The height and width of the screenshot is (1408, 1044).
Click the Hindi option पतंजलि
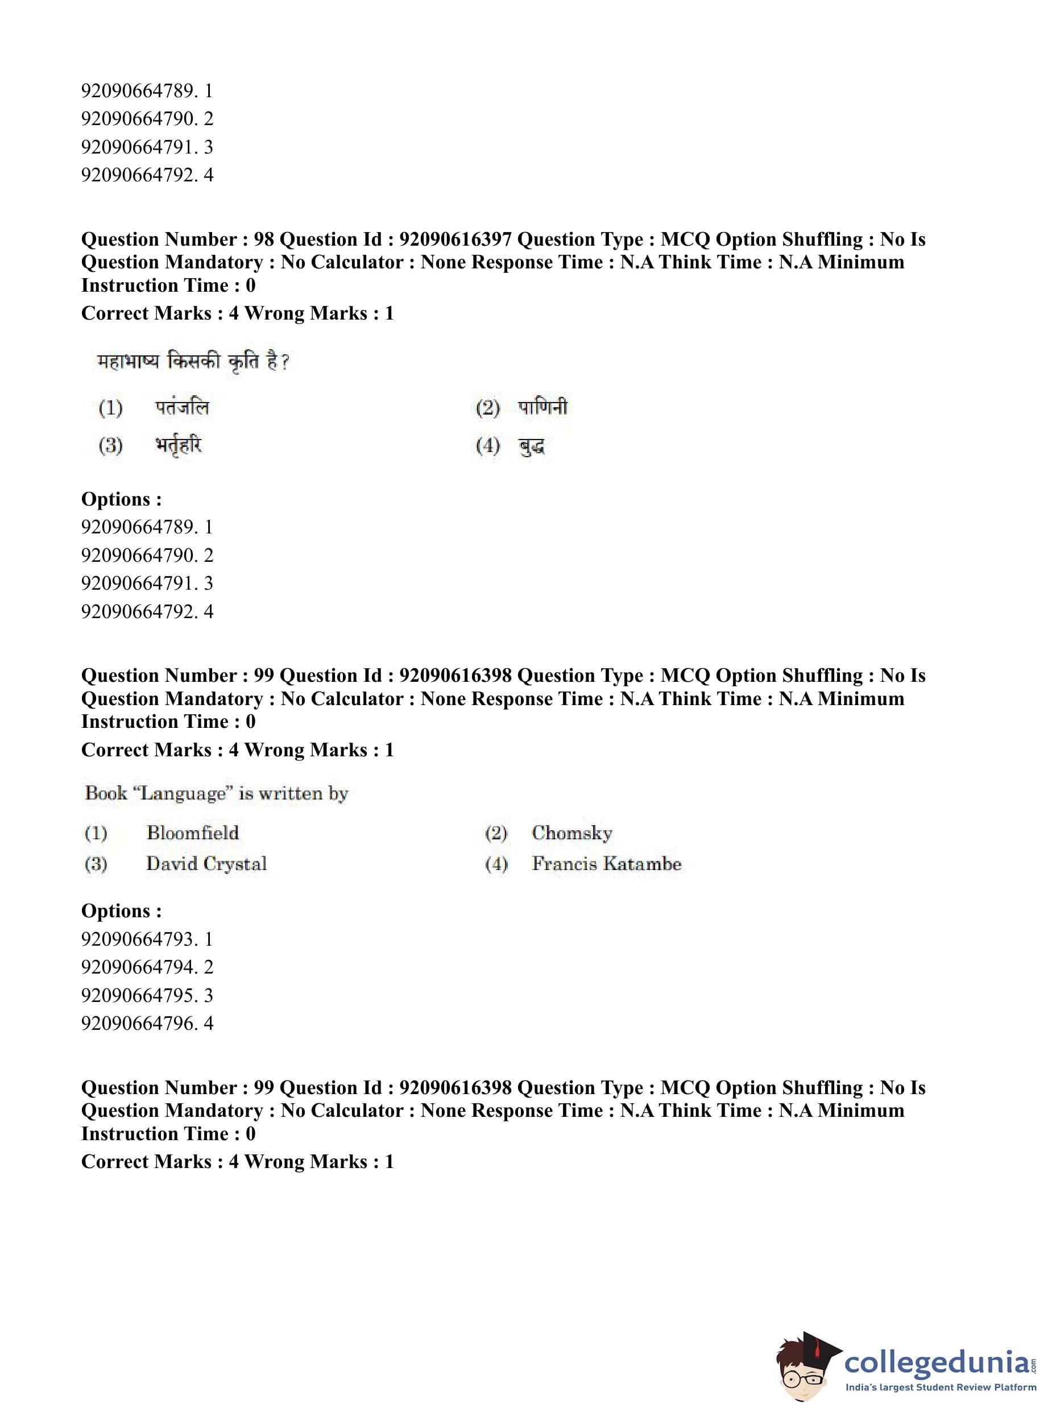(x=182, y=407)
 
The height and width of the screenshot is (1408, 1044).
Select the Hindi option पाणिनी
(x=542, y=407)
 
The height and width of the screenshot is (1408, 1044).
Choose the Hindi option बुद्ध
(x=532, y=446)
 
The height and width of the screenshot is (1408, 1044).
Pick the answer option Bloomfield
(x=193, y=833)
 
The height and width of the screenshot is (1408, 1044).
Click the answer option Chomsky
(x=572, y=833)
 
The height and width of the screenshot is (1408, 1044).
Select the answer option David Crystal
(x=206, y=863)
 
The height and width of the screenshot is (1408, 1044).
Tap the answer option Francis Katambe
(x=607, y=863)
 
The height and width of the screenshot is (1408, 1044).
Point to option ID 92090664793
(x=138, y=939)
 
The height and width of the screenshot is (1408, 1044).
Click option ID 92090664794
(x=138, y=967)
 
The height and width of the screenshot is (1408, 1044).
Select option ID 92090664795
(x=138, y=995)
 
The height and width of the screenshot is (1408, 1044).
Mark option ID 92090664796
(x=138, y=1023)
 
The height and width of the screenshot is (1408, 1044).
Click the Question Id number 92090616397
(x=455, y=239)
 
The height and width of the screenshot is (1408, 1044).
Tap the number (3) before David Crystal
(x=96, y=864)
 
